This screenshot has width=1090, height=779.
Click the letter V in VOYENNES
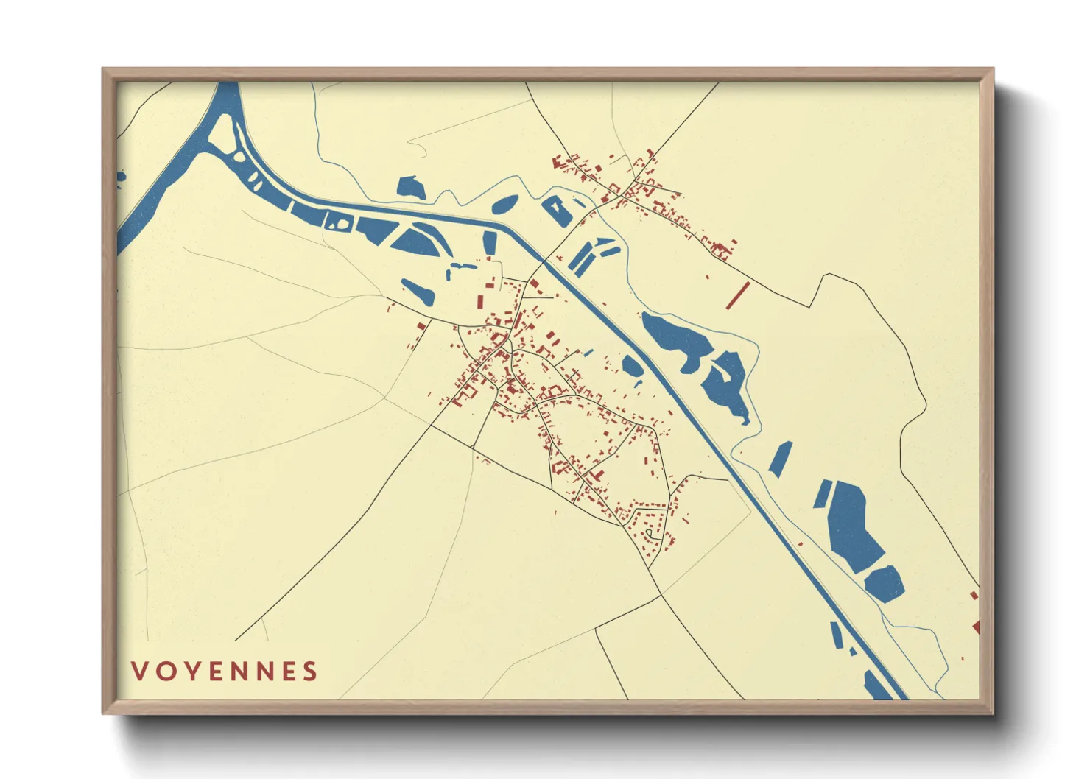tap(139, 671)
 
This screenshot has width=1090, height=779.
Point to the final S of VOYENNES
tap(310, 671)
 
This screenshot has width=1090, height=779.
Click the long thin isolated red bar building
tap(736, 295)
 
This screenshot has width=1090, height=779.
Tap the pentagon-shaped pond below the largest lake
tap(884, 584)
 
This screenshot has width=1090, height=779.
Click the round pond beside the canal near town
tap(631, 365)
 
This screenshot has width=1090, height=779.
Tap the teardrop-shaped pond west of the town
tap(418, 292)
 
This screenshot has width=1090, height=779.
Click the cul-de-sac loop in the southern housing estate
tap(650, 533)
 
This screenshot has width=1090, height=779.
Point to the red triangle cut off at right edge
tap(976, 627)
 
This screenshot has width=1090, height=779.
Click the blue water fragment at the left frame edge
tap(121, 176)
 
